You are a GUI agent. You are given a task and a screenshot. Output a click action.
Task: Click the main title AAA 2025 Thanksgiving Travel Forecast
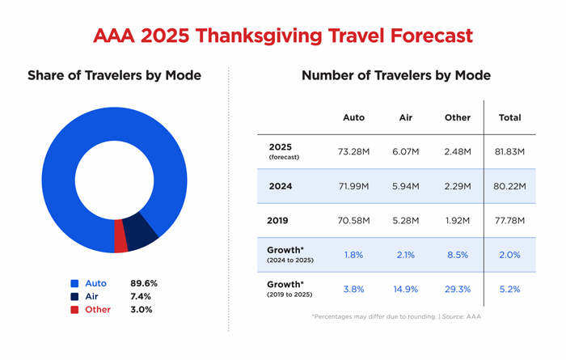tap(282, 36)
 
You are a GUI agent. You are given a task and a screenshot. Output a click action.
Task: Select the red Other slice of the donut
tap(121, 236)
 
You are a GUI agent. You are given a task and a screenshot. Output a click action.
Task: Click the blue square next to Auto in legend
tap(74, 284)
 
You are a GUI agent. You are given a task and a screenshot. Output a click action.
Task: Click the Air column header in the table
tap(407, 117)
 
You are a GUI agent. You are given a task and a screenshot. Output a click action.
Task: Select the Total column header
tap(509, 117)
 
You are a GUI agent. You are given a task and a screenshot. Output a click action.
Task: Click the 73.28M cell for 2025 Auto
tap(353, 151)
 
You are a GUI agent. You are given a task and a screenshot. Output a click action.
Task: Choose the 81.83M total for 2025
tap(509, 151)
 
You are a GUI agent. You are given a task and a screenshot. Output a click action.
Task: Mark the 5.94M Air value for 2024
tap(407, 186)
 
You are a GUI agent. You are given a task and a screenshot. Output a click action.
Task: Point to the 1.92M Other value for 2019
tap(458, 220)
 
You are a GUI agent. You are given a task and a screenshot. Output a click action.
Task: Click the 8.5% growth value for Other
tap(458, 255)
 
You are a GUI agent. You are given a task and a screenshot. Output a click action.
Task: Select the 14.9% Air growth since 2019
tap(407, 289)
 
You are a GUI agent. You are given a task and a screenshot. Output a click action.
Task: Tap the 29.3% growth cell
tap(458, 289)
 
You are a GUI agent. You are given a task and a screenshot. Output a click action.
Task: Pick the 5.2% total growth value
tap(509, 289)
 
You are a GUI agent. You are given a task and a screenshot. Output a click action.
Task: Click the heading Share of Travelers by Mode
tap(114, 76)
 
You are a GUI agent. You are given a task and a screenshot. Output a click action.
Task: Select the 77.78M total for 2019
tap(509, 220)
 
